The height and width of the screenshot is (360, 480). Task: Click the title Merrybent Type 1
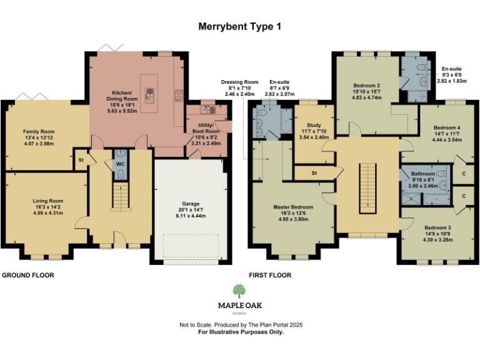pos(240,26)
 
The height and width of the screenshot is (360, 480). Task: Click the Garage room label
pos(190,204)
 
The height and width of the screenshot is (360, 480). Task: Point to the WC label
pos(121,165)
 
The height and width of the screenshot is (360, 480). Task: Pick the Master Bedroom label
pos(292,207)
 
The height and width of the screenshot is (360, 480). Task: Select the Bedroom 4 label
pos(446,127)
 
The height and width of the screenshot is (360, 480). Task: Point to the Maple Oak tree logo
pos(239,291)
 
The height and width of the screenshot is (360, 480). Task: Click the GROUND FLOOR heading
pos(28,275)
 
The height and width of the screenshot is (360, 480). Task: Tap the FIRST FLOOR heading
pos(270,275)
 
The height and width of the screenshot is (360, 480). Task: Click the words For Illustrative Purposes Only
pos(241,332)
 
